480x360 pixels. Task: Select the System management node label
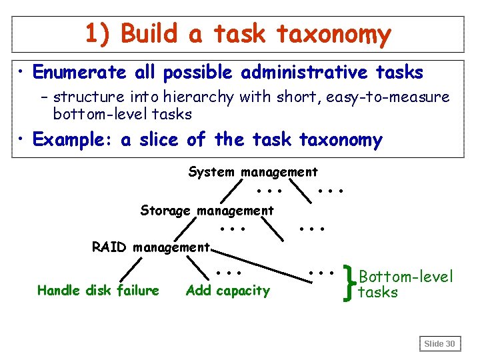pos(253,172)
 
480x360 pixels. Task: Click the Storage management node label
pos(207,211)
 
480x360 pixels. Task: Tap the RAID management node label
pos(151,248)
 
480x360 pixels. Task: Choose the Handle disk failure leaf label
pos(98,290)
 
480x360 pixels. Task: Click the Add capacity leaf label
pos(228,290)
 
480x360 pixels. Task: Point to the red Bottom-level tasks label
pos(405,284)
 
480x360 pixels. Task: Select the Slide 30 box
pos(440,343)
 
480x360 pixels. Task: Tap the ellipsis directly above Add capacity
pos(229,272)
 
